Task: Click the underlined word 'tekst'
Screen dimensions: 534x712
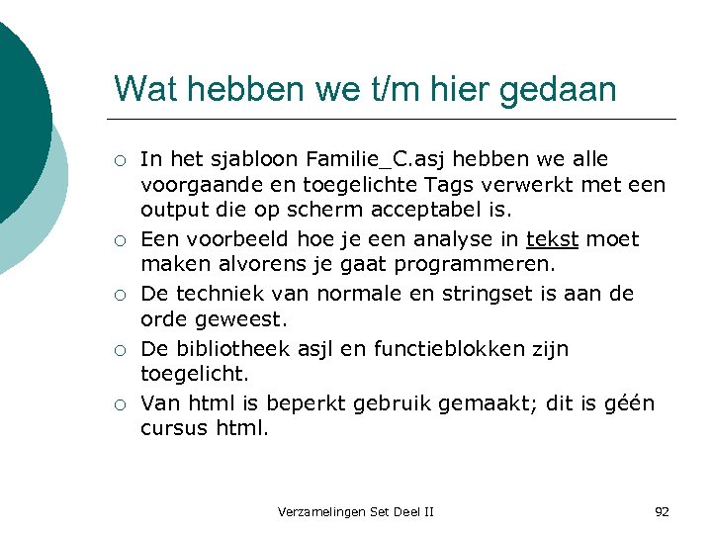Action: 554,239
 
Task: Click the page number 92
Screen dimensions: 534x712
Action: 662,511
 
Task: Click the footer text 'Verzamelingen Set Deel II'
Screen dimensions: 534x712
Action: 356,511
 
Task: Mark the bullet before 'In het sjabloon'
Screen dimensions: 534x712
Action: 119,160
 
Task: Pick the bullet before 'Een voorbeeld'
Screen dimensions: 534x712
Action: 119,240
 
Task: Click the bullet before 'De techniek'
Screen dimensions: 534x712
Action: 119,295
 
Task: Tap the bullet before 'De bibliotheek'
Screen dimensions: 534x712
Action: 119,350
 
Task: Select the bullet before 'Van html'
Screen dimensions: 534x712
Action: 119,404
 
